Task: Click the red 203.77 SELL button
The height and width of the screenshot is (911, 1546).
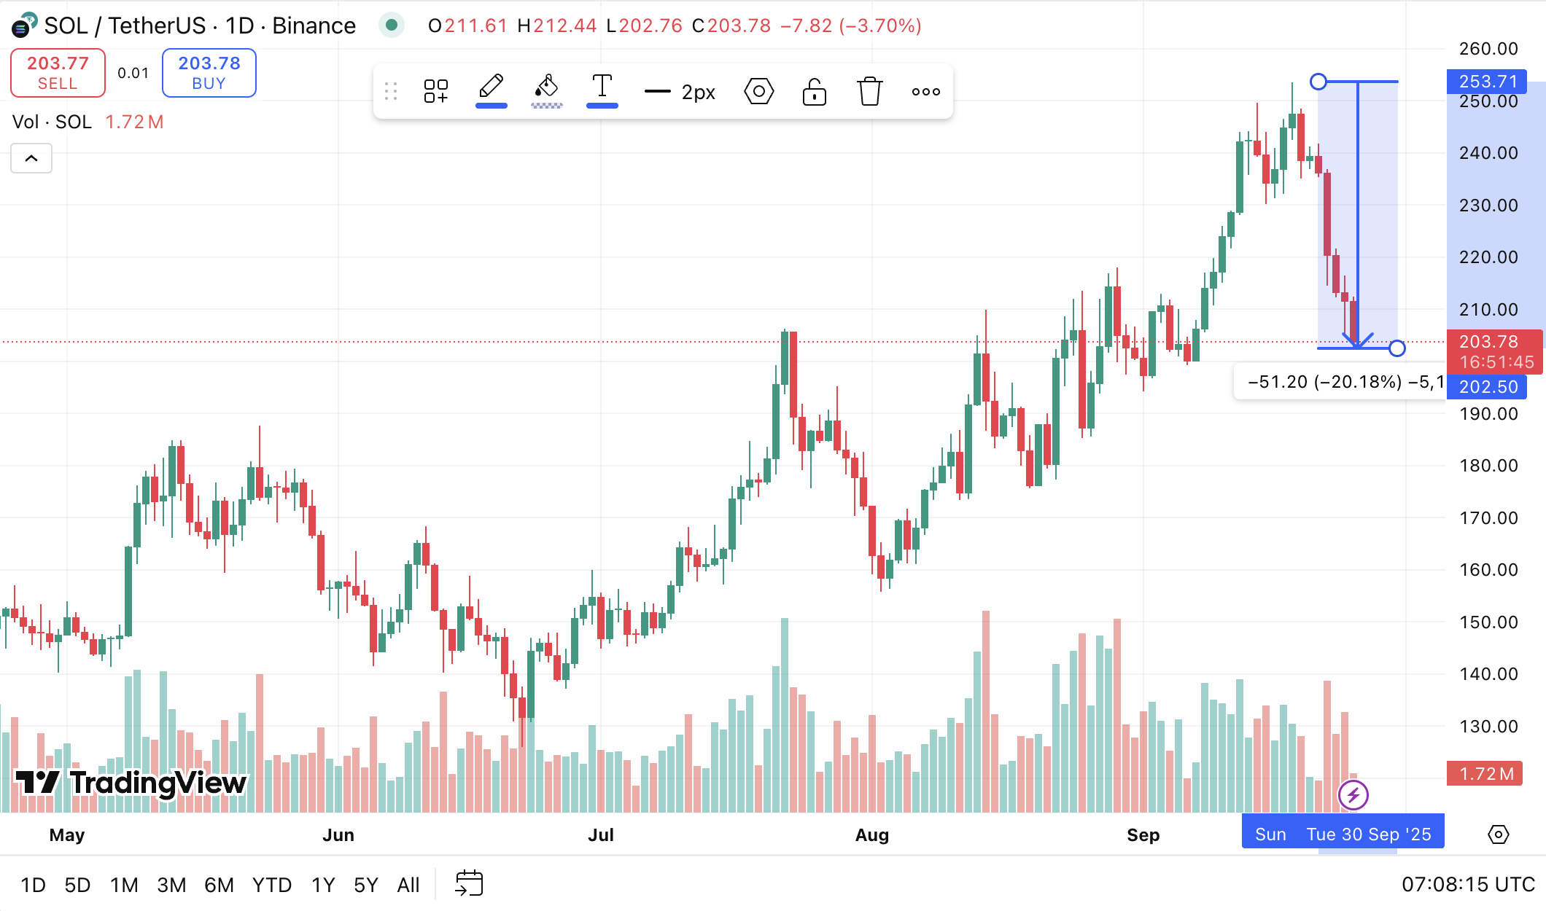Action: click(58, 73)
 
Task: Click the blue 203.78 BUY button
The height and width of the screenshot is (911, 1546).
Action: click(209, 73)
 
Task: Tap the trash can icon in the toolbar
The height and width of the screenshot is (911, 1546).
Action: click(869, 92)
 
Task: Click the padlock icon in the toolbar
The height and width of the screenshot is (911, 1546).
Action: click(814, 92)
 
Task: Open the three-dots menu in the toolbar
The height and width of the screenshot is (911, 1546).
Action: click(925, 92)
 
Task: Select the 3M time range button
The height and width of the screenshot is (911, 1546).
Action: click(171, 885)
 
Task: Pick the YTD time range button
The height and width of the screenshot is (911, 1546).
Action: click(271, 885)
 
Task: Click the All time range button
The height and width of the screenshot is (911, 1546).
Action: click(408, 885)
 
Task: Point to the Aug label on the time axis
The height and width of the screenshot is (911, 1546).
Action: click(871, 835)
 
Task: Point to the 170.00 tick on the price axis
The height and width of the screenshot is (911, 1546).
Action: click(1488, 518)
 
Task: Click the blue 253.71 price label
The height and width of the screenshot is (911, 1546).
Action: click(1487, 82)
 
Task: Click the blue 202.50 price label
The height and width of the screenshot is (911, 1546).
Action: click(1487, 387)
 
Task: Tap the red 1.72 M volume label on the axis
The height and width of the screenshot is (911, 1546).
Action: click(1485, 774)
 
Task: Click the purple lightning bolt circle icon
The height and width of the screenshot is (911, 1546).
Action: click(1353, 795)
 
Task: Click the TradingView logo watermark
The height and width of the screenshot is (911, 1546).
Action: click(131, 783)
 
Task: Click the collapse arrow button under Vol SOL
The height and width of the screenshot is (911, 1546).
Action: click(31, 158)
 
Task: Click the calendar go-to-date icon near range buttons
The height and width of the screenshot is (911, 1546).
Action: click(469, 884)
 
